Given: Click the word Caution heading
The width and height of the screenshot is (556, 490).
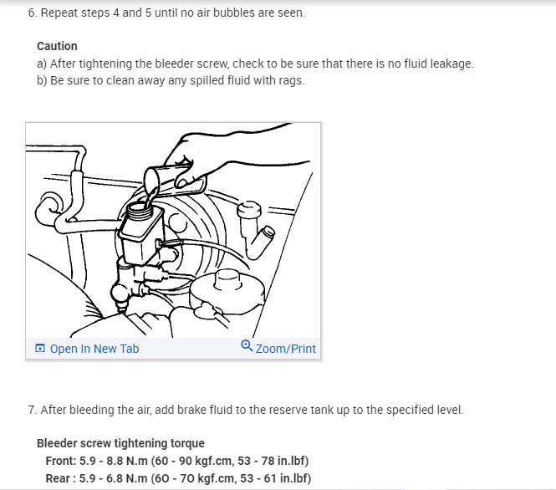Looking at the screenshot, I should [x=57, y=46].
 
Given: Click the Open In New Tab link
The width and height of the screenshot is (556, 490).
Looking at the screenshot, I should [x=94, y=349].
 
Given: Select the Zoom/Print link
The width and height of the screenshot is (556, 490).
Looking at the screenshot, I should [x=285, y=349].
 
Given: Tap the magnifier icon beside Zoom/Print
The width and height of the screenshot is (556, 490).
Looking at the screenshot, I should [x=247, y=346].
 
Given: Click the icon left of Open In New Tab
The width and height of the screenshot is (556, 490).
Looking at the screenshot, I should [x=39, y=349].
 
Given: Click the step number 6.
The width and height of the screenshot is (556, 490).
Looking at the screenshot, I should [x=31, y=13].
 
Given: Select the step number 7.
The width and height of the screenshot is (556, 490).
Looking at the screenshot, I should [x=31, y=410].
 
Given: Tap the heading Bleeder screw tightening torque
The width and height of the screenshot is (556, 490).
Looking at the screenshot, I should [x=120, y=443].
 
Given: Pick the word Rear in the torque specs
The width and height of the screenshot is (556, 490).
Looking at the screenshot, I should [x=59, y=478].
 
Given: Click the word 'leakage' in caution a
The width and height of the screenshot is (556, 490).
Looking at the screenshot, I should [x=451, y=64].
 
